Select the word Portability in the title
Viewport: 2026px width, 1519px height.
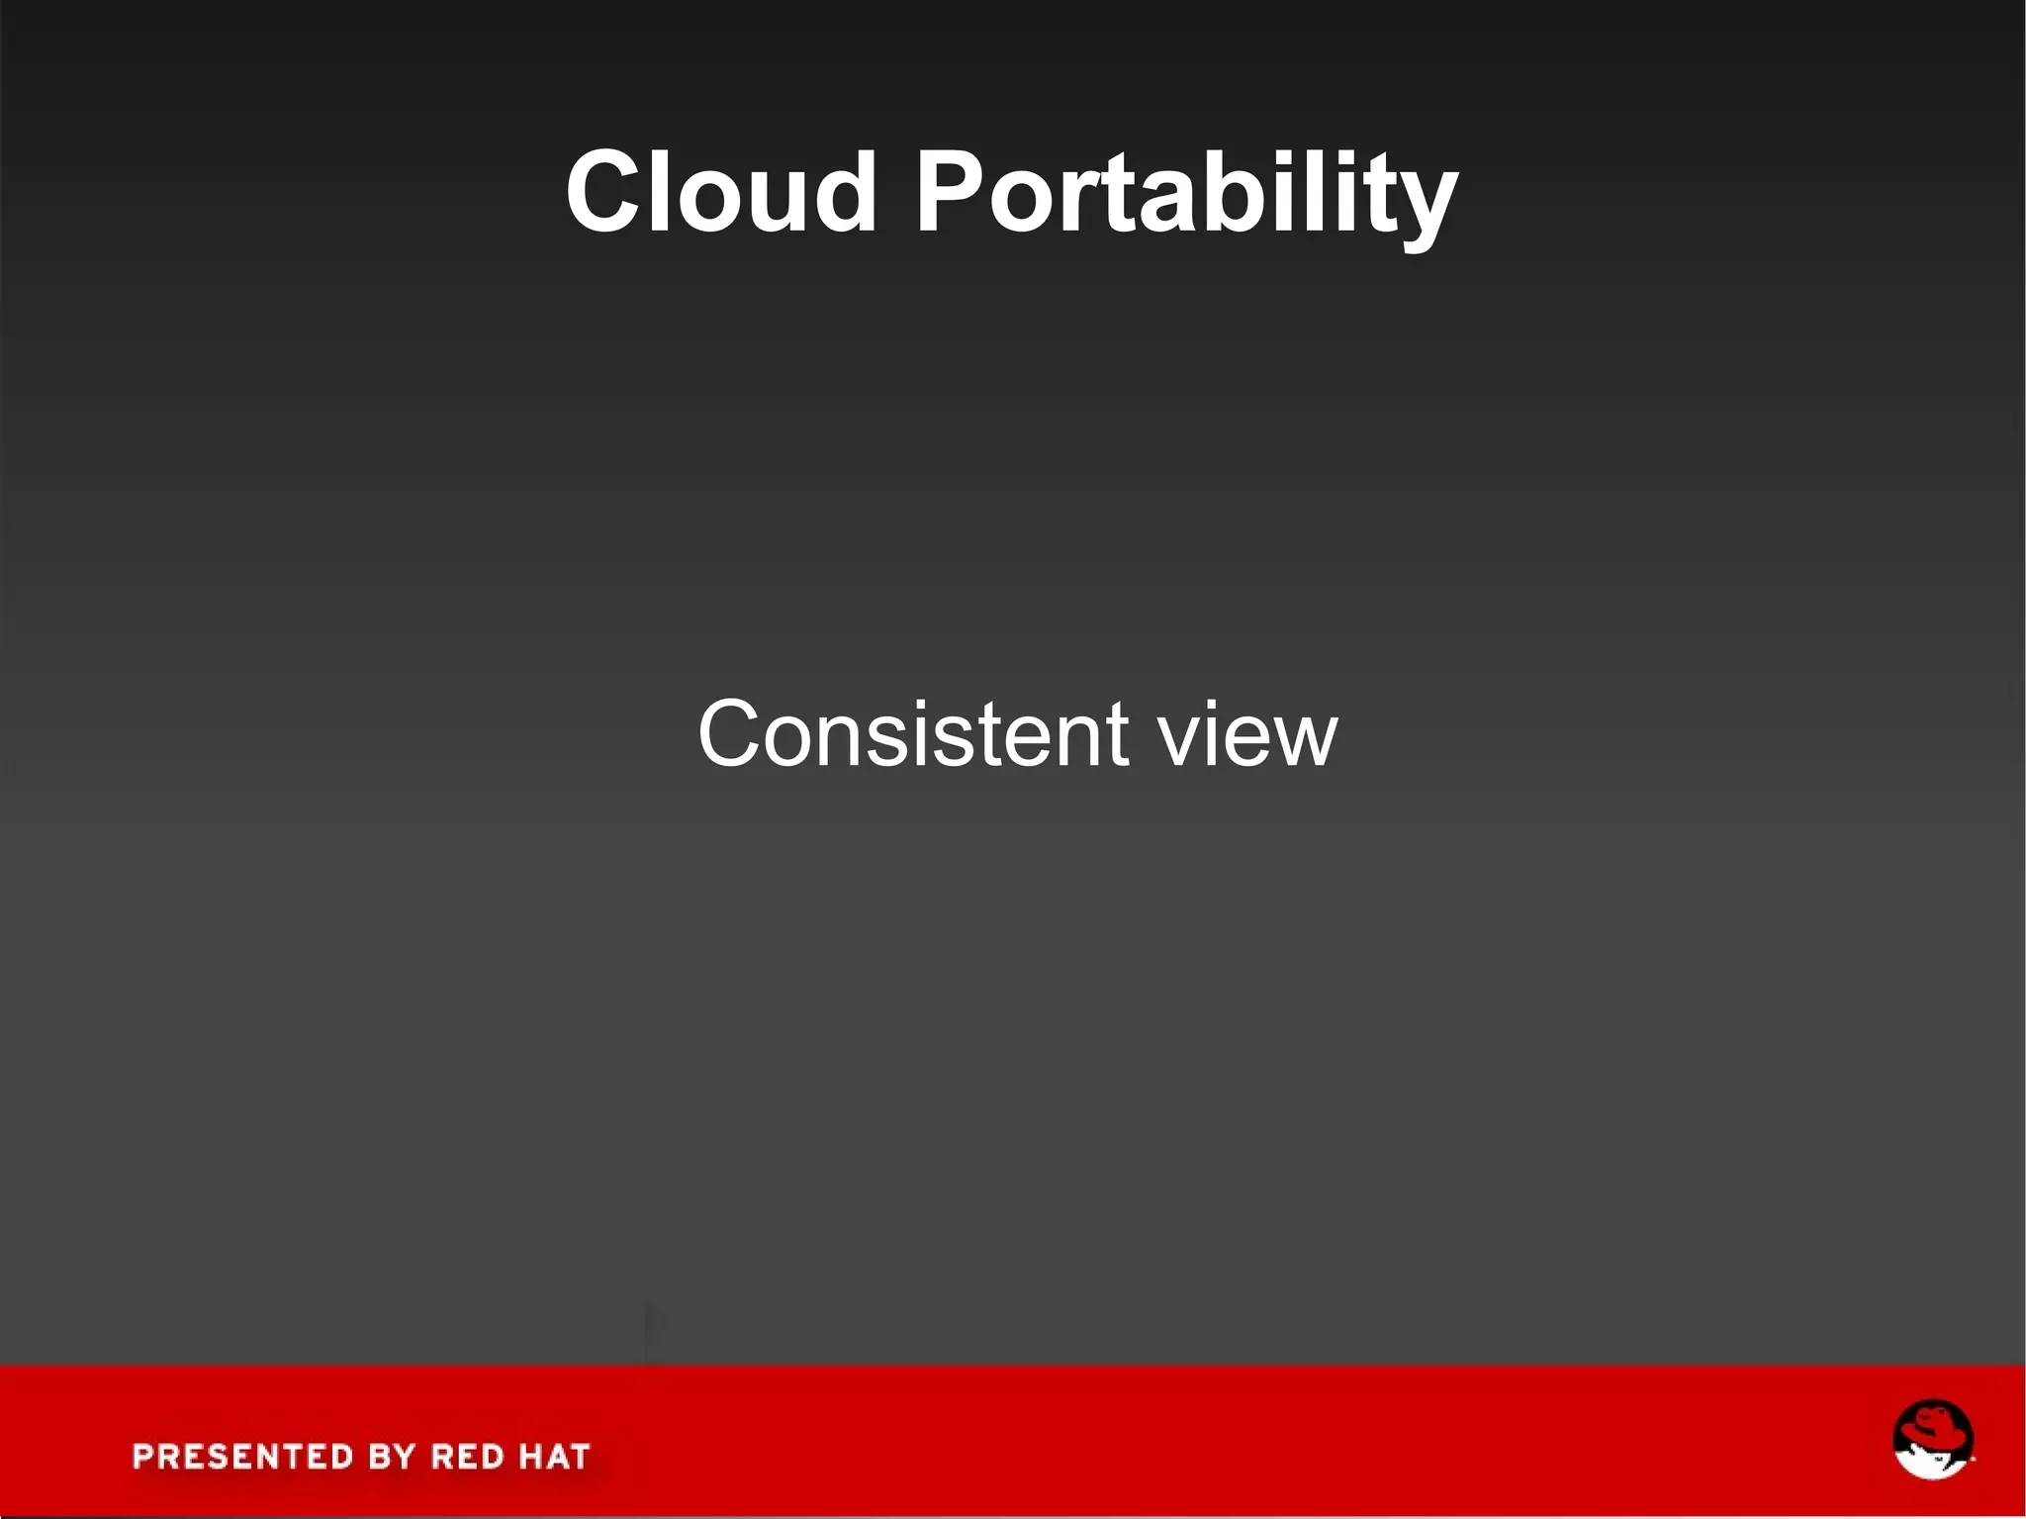(1186, 193)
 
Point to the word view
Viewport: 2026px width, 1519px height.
(1248, 735)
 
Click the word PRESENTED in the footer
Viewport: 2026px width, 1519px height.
(242, 1457)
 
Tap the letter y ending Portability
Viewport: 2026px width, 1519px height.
(1427, 203)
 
